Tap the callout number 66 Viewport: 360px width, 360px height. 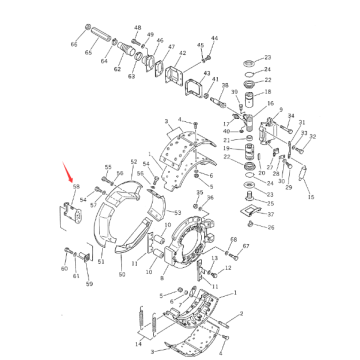tap(74, 46)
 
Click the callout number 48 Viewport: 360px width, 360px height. tap(137, 29)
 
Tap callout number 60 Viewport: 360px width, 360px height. tap(64, 269)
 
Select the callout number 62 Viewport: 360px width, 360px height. tap(118, 70)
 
